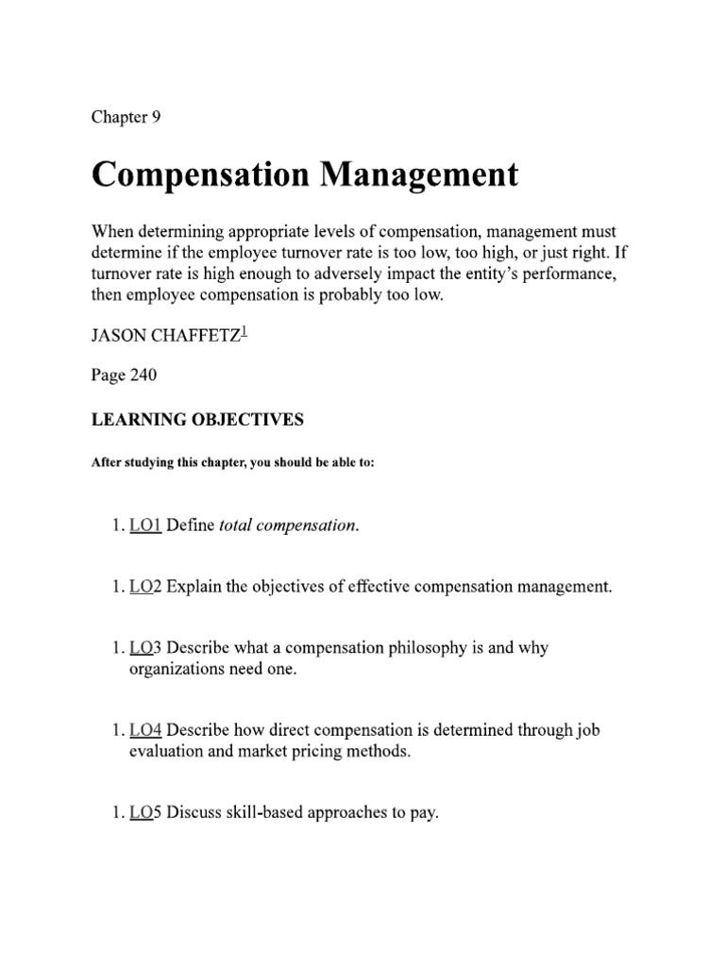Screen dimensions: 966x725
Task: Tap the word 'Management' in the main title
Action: pyautogui.click(x=416, y=175)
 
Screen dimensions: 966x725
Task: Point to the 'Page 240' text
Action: pyautogui.click(x=124, y=375)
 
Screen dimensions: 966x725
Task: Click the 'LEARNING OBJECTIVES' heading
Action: pyautogui.click(x=196, y=421)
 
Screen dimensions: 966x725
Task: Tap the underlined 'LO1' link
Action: pyautogui.click(x=145, y=526)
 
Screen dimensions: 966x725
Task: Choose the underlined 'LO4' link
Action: pyautogui.click(x=145, y=729)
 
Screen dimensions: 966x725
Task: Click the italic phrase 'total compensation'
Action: pyautogui.click(x=288, y=526)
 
